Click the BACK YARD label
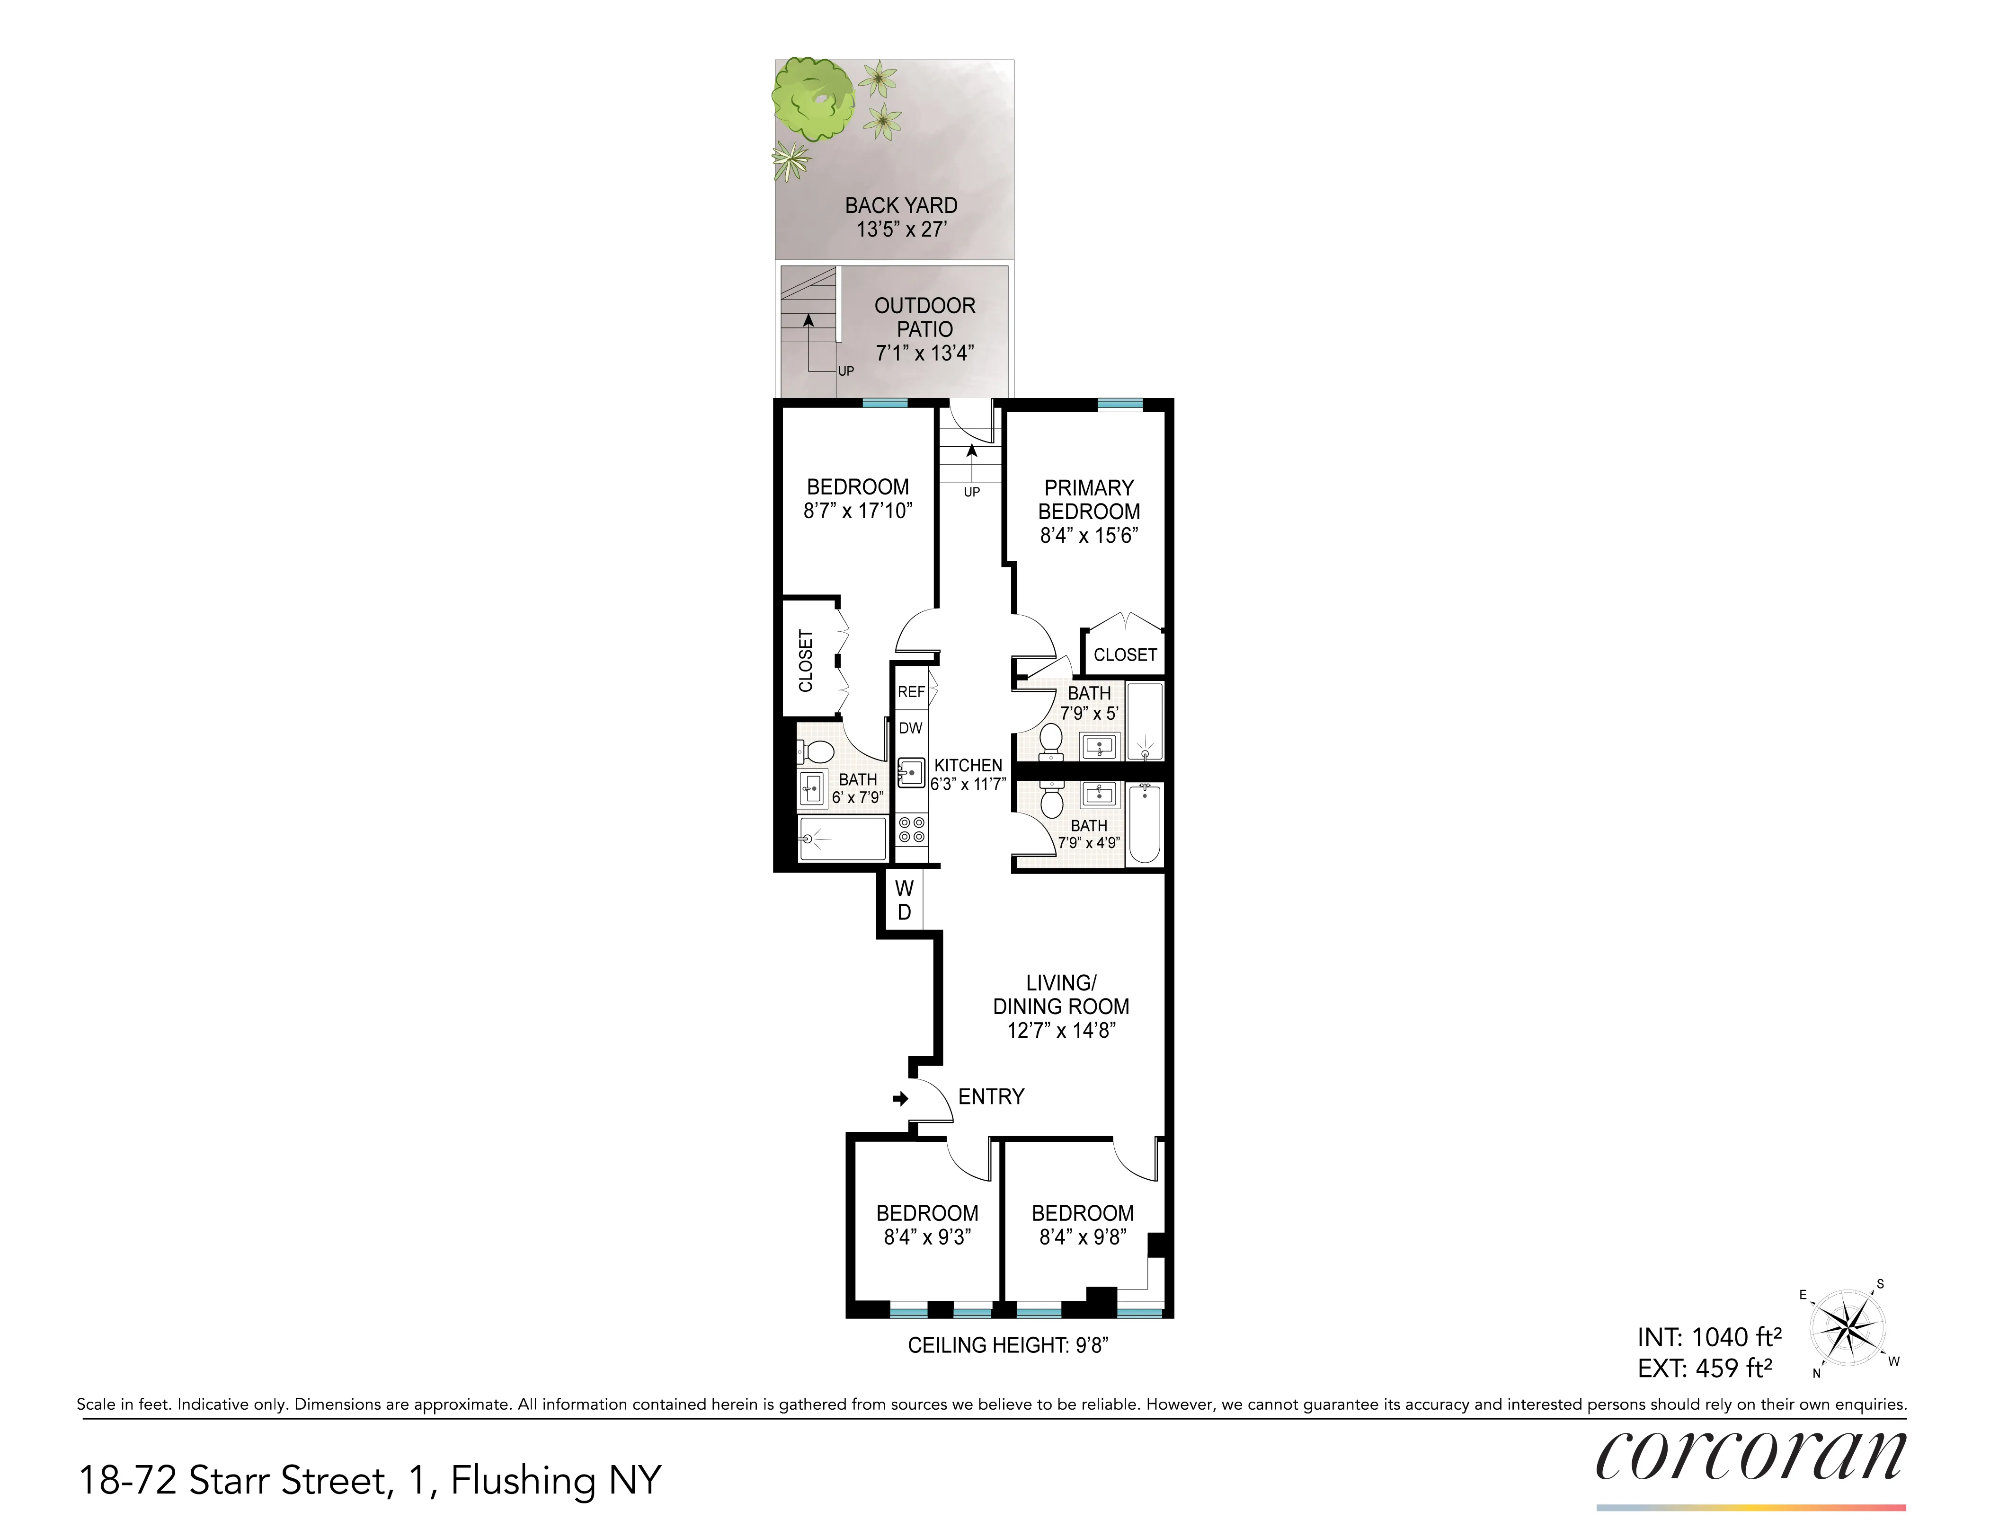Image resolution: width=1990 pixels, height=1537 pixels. (x=900, y=206)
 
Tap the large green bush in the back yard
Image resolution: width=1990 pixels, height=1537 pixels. (x=814, y=97)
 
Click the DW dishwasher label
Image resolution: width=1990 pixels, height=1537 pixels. (x=910, y=728)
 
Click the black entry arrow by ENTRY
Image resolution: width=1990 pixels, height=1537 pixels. (x=900, y=1099)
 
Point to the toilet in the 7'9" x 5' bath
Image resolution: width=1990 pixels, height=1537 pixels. (x=1050, y=740)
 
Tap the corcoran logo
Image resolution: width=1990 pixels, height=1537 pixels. (x=1750, y=1457)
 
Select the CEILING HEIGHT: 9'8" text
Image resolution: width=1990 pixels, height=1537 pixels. (x=1008, y=1345)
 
